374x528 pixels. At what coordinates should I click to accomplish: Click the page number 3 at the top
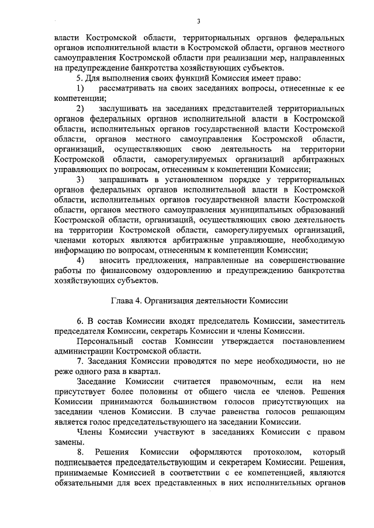[x=199, y=22]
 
